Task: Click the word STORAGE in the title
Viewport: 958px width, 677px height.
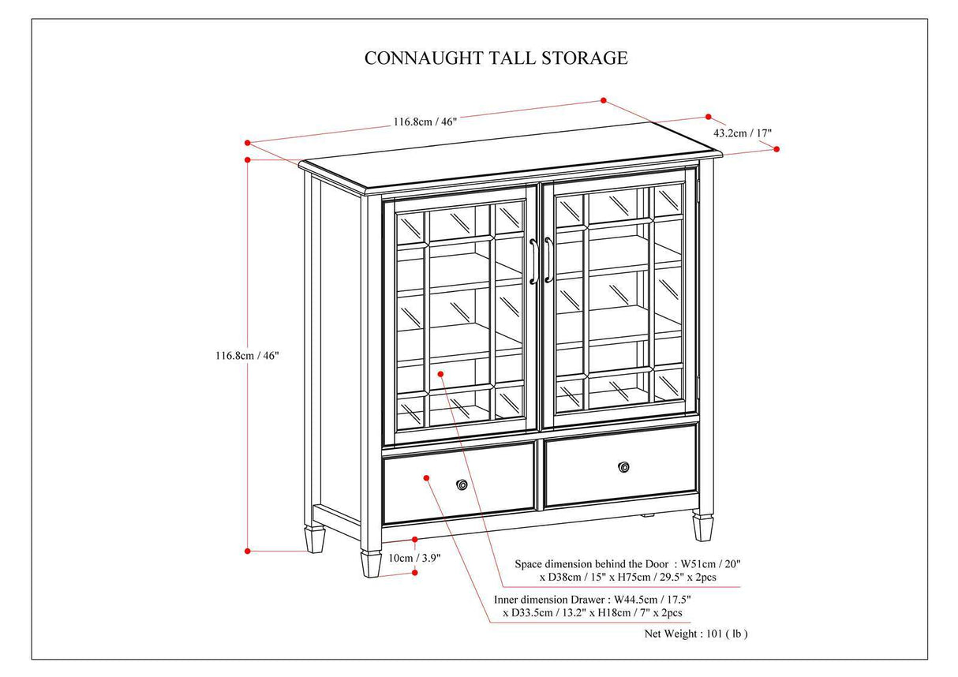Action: (x=588, y=58)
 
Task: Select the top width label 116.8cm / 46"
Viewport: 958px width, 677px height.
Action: (x=425, y=122)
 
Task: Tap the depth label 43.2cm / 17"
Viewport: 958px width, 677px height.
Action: (x=743, y=133)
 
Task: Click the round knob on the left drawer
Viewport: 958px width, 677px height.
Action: (x=462, y=484)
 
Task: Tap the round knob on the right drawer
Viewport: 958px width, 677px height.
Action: (x=624, y=467)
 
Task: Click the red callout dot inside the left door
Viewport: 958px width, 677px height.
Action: (x=440, y=373)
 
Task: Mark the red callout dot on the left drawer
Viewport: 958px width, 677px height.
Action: (x=426, y=477)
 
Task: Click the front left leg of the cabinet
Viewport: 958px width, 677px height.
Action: (x=371, y=563)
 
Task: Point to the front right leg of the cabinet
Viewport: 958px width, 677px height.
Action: (x=702, y=527)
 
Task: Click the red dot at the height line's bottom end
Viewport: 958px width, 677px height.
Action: (x=248, y=550)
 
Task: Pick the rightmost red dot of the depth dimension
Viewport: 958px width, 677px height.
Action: (x=777, y=148)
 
